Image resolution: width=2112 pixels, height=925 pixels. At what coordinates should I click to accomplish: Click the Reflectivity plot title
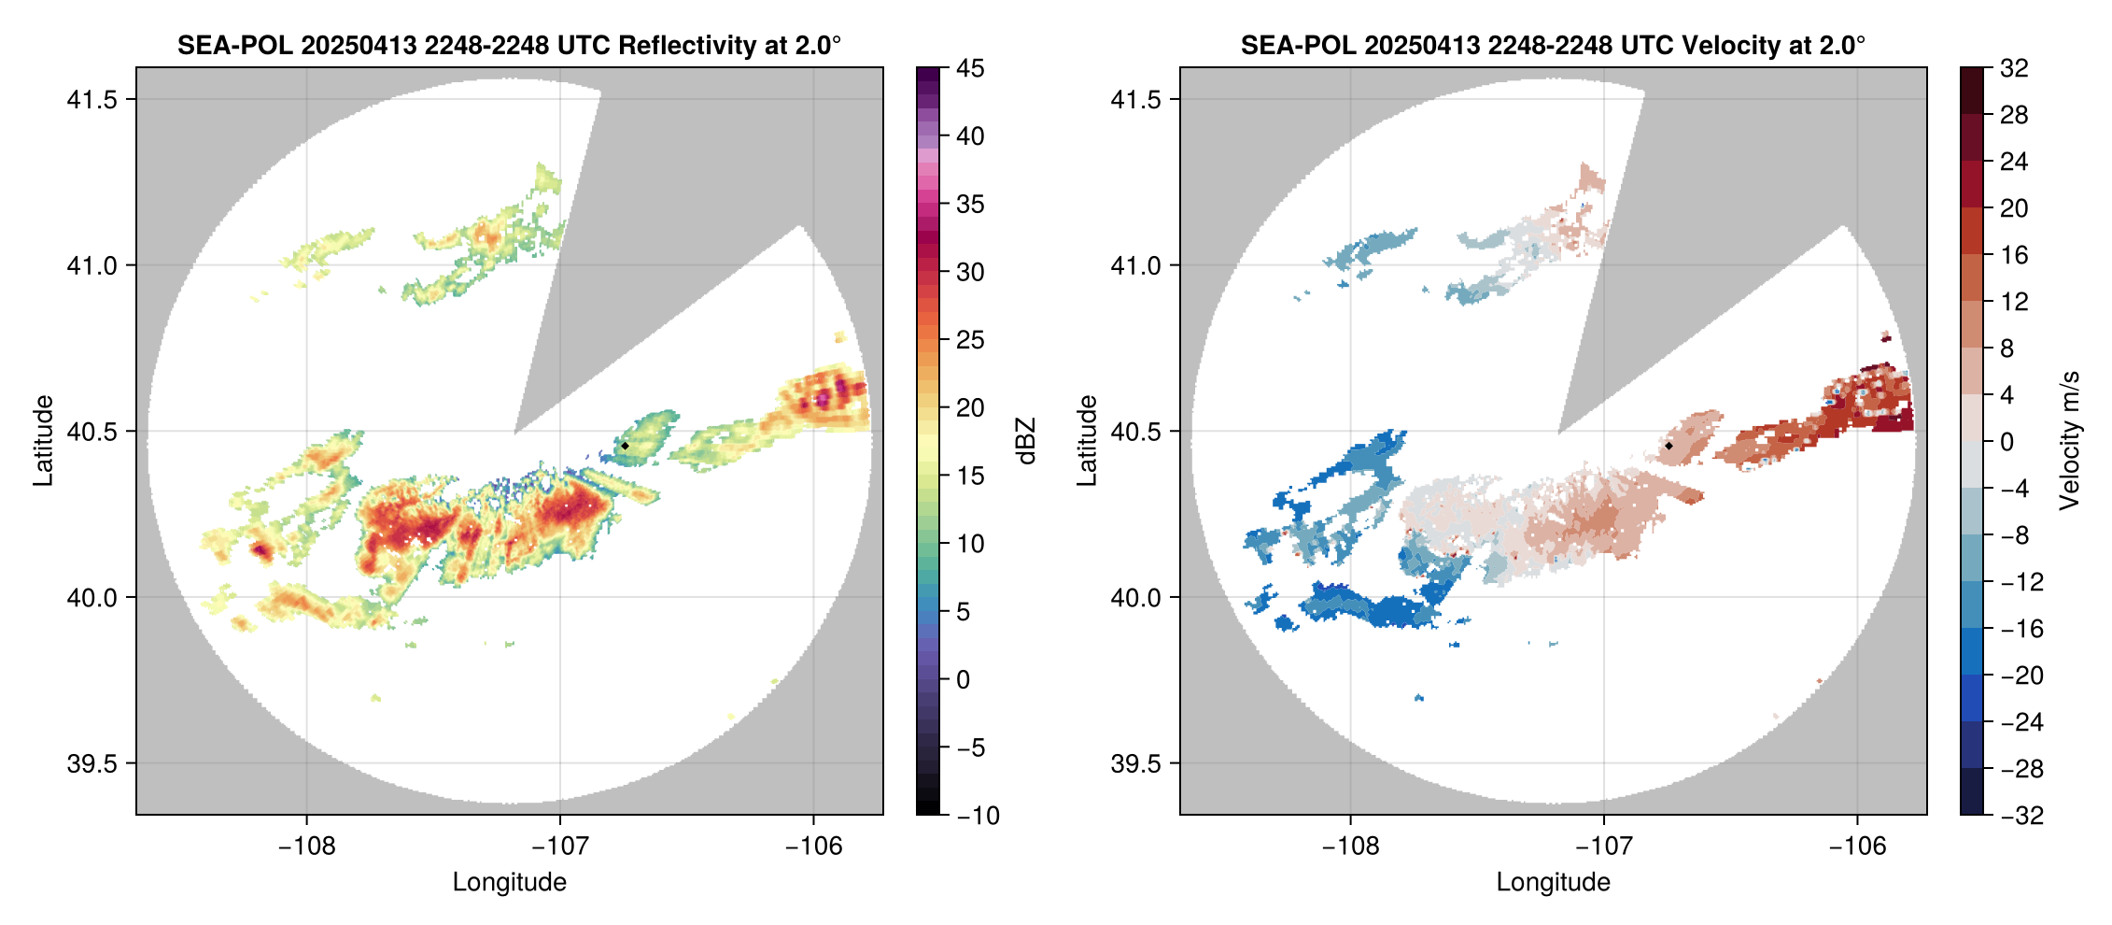(509, 45)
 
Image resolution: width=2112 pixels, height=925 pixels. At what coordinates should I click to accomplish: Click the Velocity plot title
(1553, 45)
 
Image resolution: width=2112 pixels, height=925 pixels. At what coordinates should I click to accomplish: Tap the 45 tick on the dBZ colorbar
(970, 68)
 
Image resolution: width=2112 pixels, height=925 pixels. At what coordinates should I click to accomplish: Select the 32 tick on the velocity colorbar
(2014, 68)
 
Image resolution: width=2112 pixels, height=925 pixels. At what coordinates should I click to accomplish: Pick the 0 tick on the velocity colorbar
(2006, 442)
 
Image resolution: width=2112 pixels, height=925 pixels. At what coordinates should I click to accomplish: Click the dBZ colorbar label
(1026, 441)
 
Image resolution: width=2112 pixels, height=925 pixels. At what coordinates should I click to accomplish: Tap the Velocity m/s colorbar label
(2070, 440)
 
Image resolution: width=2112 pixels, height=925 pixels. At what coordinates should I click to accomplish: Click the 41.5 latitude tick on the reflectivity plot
(92, 99)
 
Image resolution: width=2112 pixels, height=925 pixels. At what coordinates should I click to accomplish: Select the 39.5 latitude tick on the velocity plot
(1135, 763)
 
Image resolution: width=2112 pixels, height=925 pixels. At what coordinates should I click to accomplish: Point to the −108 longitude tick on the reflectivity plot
(306, 846)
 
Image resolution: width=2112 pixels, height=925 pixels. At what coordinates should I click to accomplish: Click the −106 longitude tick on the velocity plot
(1857, 846)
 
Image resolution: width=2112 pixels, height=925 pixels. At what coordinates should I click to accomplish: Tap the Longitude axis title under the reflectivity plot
(509, 882)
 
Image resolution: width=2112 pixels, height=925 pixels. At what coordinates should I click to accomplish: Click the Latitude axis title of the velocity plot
(1086, 440)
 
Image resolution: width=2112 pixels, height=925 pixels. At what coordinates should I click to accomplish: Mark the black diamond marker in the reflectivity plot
(625, 446)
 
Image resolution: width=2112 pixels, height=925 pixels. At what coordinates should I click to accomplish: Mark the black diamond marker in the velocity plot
(1668, 446)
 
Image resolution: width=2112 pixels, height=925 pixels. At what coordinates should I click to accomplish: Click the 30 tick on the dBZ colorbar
(970, 272)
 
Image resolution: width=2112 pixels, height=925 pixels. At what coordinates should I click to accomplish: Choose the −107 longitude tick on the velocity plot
(1604, 846)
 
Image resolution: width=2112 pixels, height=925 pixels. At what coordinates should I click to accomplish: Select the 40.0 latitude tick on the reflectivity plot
(92, 597)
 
